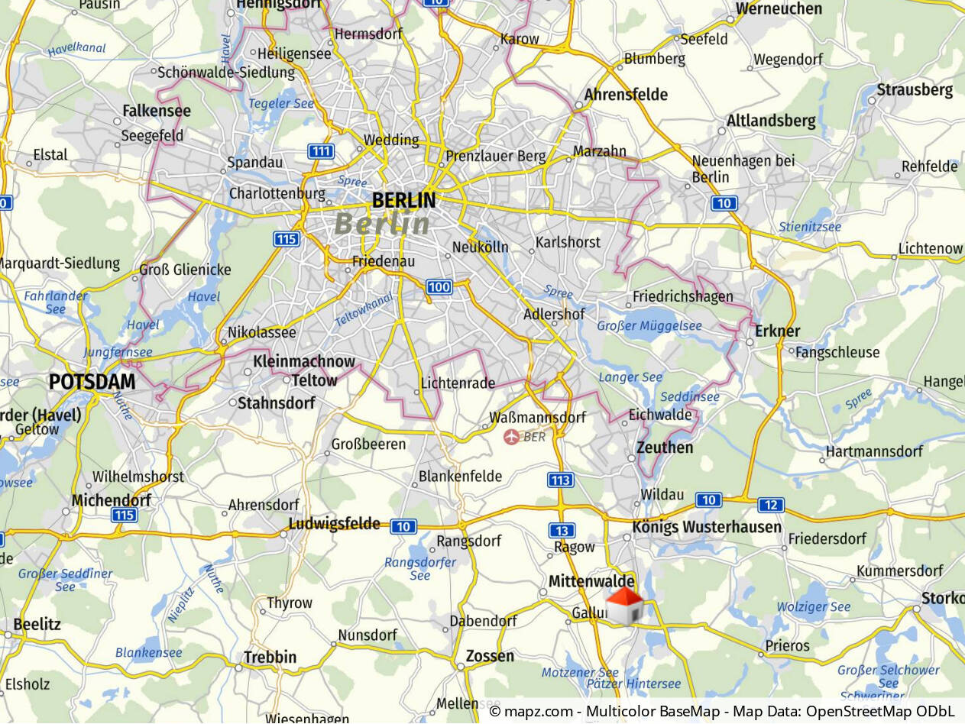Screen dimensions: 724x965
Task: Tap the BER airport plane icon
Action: (511, 437)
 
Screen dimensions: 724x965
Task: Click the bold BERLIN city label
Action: (403, 201)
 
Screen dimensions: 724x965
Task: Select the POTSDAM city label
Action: (92, 382)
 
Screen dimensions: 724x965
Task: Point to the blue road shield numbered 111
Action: (321, 151)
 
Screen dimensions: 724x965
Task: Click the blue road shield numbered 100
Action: (439, 287)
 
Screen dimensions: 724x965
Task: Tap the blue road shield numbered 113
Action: (560, 480)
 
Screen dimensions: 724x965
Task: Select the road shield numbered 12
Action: (771, 505)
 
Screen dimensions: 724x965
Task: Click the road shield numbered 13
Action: (562, 531)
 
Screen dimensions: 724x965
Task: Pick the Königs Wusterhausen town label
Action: (707, 527)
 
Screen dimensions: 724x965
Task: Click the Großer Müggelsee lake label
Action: (649, 326)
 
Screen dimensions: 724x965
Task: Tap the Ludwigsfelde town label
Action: (334, 524)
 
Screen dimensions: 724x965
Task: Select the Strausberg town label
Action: (915, 90)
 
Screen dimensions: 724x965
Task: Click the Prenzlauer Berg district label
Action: (496, 157)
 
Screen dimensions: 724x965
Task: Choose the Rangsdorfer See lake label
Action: (420, 569)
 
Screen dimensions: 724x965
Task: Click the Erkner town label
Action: (777, 331)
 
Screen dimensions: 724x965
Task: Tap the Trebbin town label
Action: (270, 657)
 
